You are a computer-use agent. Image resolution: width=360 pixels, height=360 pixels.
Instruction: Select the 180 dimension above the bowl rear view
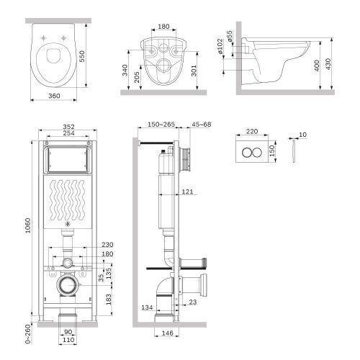point(163,27)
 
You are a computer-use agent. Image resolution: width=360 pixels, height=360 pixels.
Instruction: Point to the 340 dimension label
point(126,70)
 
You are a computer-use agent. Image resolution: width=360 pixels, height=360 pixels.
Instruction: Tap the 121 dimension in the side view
point(187,191)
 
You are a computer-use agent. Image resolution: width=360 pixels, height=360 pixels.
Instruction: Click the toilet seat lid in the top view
point(51,61)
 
